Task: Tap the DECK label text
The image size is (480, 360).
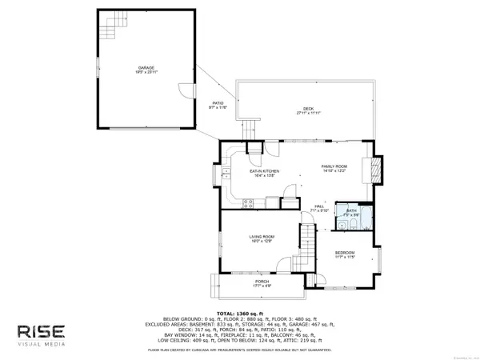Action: [x=308, y=109]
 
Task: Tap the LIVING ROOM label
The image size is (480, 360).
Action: [x=262, y=237]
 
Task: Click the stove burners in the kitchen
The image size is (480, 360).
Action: [x=254, y=147]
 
